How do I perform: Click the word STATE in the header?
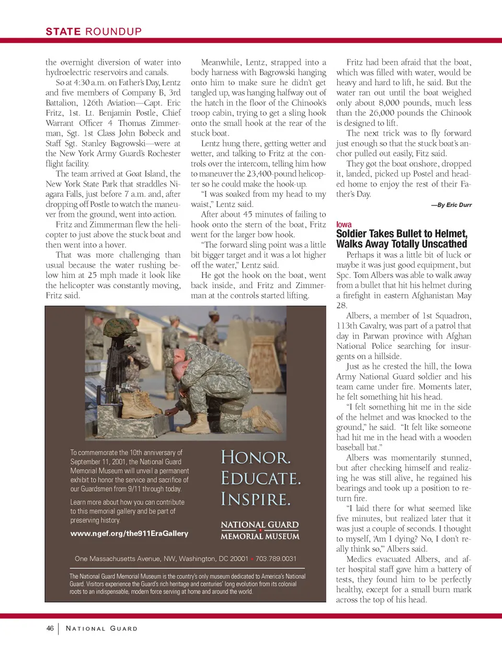click(x=63, y=31)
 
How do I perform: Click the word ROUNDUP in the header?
click(x=113, y=31)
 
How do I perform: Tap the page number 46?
click(x=50, y=628)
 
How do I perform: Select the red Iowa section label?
click(x=344, y=224)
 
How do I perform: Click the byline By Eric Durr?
click(x=451, y=205)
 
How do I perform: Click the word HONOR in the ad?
click(x=255, y=457)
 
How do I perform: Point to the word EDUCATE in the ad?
click(x=260, y=478)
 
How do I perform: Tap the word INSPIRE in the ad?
click(x=255, y=499)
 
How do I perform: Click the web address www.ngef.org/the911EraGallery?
click(x=129, y=533)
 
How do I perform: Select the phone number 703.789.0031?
click(x=276, y=558)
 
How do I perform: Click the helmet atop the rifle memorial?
click(x=121, y=328)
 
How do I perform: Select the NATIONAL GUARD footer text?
click(x=101, y=628)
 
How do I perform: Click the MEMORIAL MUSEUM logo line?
click(x=260, y=536)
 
